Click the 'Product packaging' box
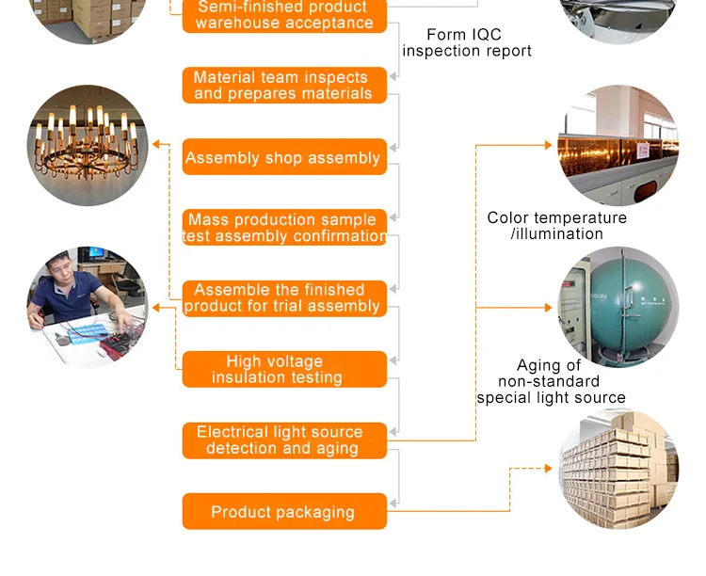[x=284, y=512]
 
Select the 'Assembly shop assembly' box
[x=284, y=157]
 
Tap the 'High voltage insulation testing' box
[x=284, y=369]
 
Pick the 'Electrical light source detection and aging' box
[x=284, y=440]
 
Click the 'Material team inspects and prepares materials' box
[x=284, y=86]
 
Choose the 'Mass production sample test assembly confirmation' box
[x=284, y=228]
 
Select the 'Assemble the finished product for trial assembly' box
[x=284, y=298]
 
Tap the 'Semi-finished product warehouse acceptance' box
[x=284, y=15]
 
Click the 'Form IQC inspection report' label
[x=466, y=42]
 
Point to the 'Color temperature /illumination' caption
[x=556, y=226]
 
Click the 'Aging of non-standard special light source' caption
[x=551, y=381]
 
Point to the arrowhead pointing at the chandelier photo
[x=156, y=144]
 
